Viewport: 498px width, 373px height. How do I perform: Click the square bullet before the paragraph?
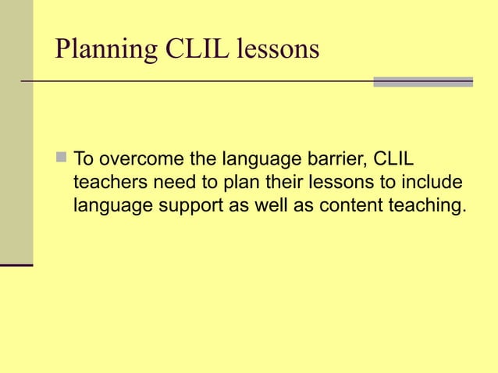coord(62,161)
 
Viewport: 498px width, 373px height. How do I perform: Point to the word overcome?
coord(136,161)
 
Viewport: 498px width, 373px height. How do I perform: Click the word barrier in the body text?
coord(332,161)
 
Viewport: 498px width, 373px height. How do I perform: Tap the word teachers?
coord(106,183)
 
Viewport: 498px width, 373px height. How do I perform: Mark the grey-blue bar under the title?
coord(423,81)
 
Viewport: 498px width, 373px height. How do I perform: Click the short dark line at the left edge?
coord(16,266)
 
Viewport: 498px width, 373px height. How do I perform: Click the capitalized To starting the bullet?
coord(83,161)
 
